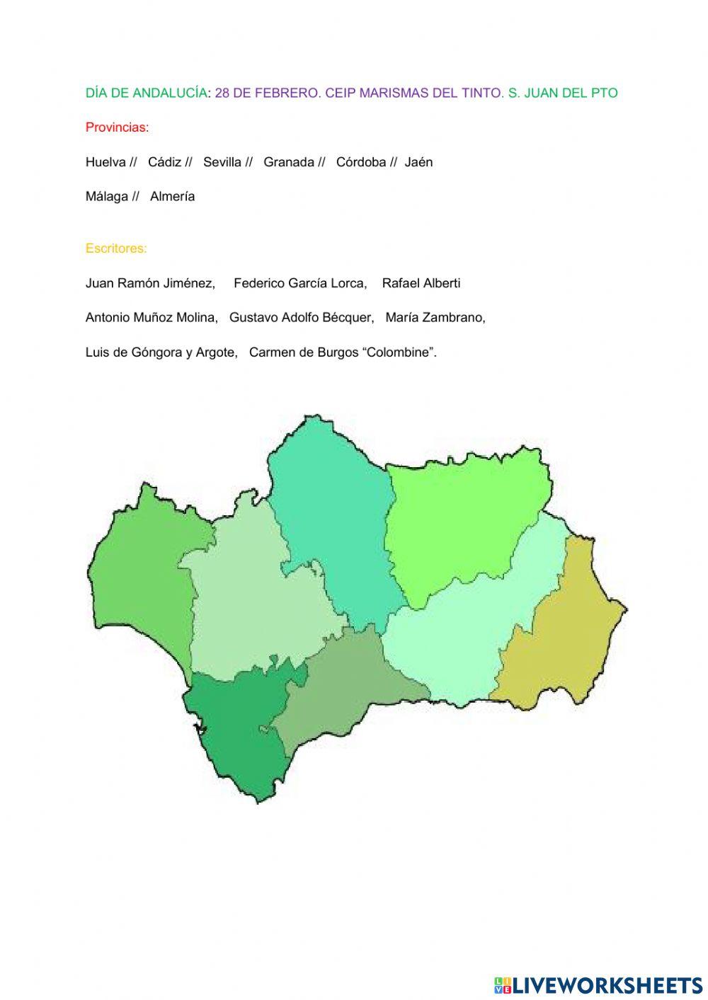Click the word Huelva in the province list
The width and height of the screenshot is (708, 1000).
pyautogui.click(x=105, y=162)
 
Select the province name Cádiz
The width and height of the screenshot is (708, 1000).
pyautogui.click(x=164, y=162)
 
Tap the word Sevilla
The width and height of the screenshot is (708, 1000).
pyautogui.click(x=222, y=162)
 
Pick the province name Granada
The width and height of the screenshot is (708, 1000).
pyautogui.click(x=288, y=162)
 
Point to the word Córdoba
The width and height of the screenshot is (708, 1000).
pyautogui.click(x=361, y=162)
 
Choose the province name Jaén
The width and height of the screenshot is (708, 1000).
pyautogui.click(x=418, y=162)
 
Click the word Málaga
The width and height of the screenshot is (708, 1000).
pyautogui.click(x=107, y=197)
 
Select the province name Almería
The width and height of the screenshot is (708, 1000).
pyautogui.click(x=172, y=197)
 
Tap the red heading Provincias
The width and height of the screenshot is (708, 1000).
pyautogui.click(x=117, y=128)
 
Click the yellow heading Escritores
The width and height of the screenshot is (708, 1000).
pyautogui.click(x=116, y=248)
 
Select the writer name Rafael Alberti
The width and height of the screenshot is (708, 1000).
pyautogui.click(x=421, y=283)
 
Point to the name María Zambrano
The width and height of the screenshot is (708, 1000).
pyautogui.click(x=435, y=318)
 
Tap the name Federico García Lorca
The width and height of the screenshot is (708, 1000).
pyautogui.click(x=299, y=283)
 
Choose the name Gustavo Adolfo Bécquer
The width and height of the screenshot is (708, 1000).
pyautogui.click(x=301, y=318)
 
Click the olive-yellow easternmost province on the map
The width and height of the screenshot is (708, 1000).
pyautogui.click(x=563, y=637)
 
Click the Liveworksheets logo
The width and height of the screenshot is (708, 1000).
pyautogui.click(x=598, y=984)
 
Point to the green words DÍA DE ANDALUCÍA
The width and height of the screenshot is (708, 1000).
pyautogui.click(x=146, y=93)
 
